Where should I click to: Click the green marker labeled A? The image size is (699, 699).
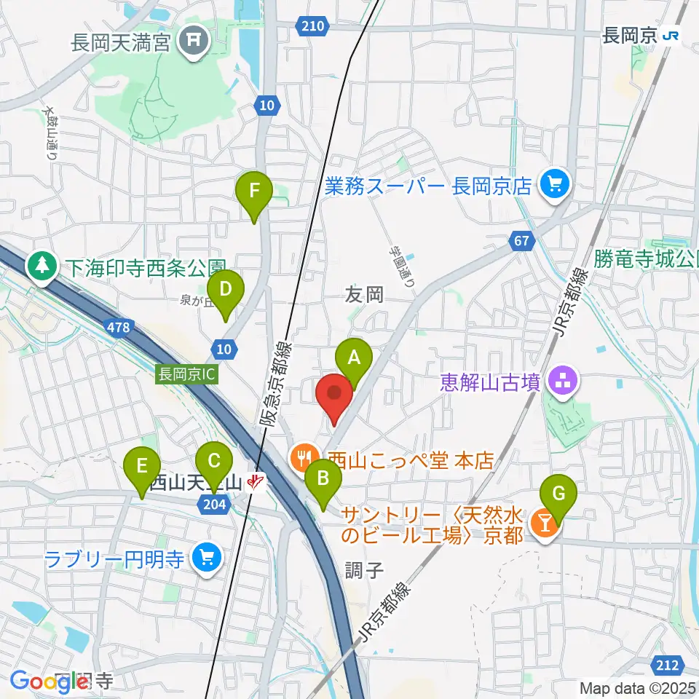coord(354,358)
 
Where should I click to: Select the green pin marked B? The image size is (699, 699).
coord(323,480)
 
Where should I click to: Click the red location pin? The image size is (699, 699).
coord(334,395)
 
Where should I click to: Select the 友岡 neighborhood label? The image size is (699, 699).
coord(364,294)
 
